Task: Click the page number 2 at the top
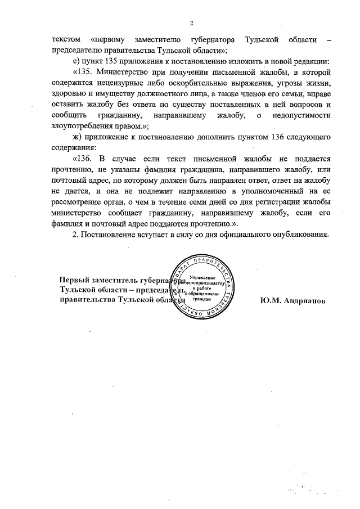click(x=191, y=23)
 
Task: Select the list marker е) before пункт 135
click(x=77, y=61)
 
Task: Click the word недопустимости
click(x=299, y=115)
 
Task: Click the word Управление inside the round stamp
click(x=201, y=280)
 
